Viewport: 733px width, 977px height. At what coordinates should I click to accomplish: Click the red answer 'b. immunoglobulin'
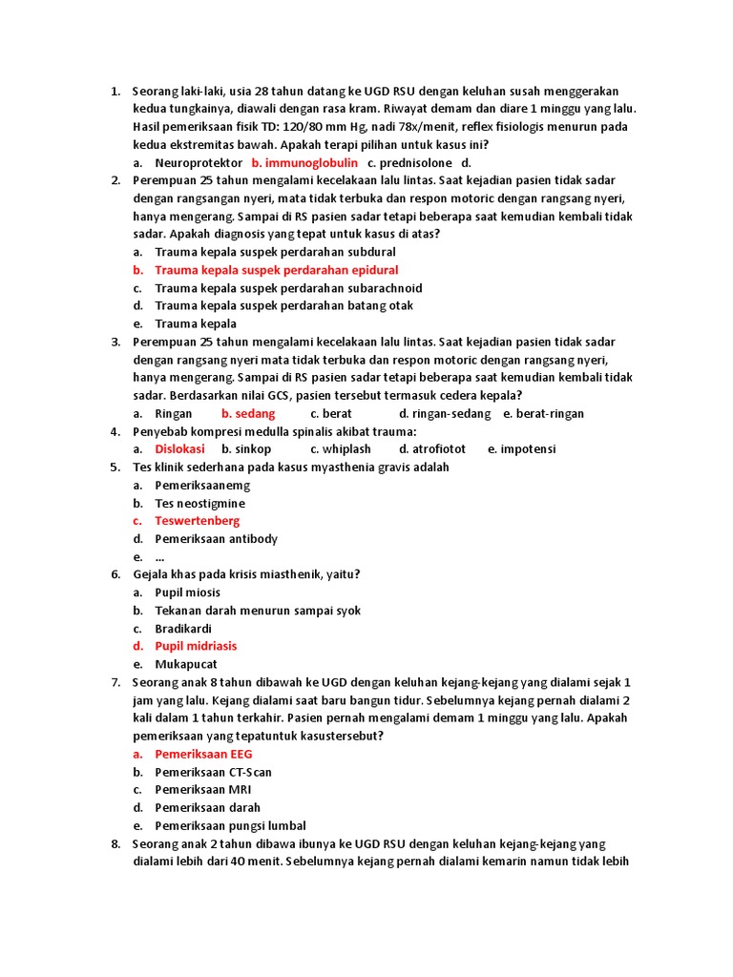point(304,163)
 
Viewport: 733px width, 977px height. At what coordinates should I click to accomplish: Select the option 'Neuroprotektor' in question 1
point(199,163)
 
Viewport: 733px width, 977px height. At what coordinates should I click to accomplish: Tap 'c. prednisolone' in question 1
point(409,163)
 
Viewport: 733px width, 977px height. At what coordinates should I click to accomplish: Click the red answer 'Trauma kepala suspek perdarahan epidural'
point(276,270)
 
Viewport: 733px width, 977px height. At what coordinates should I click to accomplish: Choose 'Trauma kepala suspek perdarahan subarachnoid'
point(288,288)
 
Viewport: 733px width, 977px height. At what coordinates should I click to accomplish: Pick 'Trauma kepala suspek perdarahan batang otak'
point(283,306)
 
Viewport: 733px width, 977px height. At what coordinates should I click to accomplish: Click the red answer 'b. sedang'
point(248,413)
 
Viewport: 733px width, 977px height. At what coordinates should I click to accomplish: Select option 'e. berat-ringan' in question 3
point(543,413)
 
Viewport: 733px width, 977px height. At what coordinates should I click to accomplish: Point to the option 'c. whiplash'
point(341,448)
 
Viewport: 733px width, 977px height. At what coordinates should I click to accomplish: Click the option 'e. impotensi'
point(521,448)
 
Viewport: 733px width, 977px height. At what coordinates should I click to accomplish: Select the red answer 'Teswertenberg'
point(198,521)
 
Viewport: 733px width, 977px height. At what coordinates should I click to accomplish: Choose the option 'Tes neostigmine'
point(199,503)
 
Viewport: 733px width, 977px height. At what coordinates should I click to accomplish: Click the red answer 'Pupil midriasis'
point(196,646)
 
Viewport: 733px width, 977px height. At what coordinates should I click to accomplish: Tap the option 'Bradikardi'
point(183,629)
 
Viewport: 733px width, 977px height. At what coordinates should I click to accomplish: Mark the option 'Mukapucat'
point(186,664)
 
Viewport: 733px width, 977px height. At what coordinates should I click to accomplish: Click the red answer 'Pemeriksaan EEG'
point(203,754)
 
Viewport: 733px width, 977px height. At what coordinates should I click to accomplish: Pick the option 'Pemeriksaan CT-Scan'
point(213,772)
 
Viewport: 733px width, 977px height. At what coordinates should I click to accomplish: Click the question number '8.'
point(115,843)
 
